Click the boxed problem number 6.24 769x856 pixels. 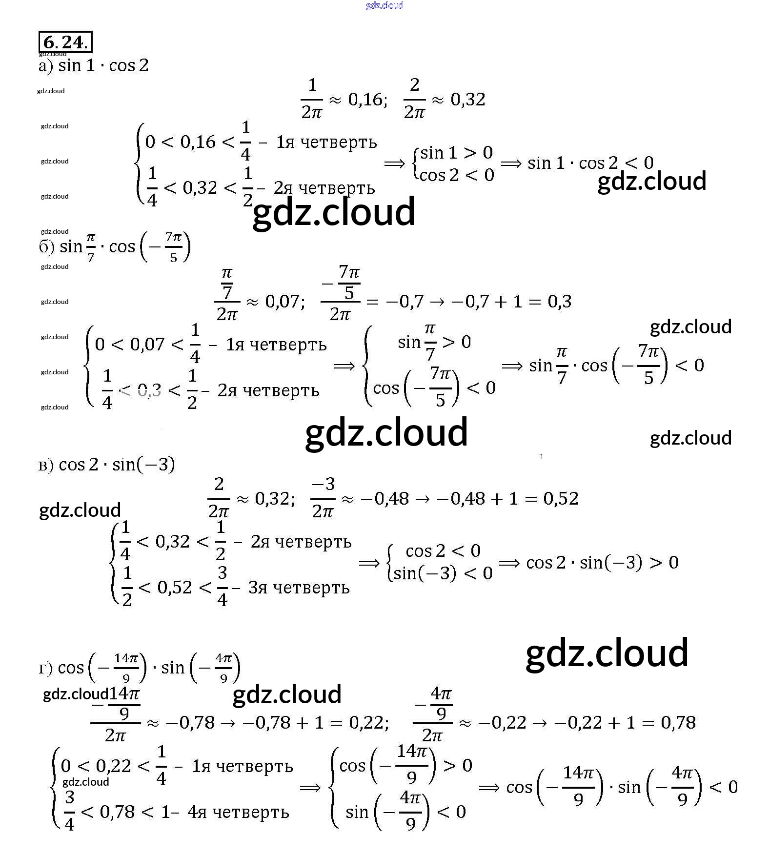click(65, 42)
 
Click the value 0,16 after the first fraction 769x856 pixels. click(365, 100)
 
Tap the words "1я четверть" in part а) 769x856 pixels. click(326, 142)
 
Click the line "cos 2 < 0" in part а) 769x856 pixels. click(457, 175)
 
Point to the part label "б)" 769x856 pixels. click(46, 247)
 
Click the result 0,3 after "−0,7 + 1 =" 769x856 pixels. click(559, 302)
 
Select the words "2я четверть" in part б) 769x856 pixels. click(268, 390)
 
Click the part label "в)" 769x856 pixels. click(46, 465)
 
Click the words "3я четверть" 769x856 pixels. click(299, 588)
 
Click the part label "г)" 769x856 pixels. click(45, 668)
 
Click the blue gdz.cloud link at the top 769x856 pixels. click(384, 5)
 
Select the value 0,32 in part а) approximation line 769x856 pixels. click(467, 100)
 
